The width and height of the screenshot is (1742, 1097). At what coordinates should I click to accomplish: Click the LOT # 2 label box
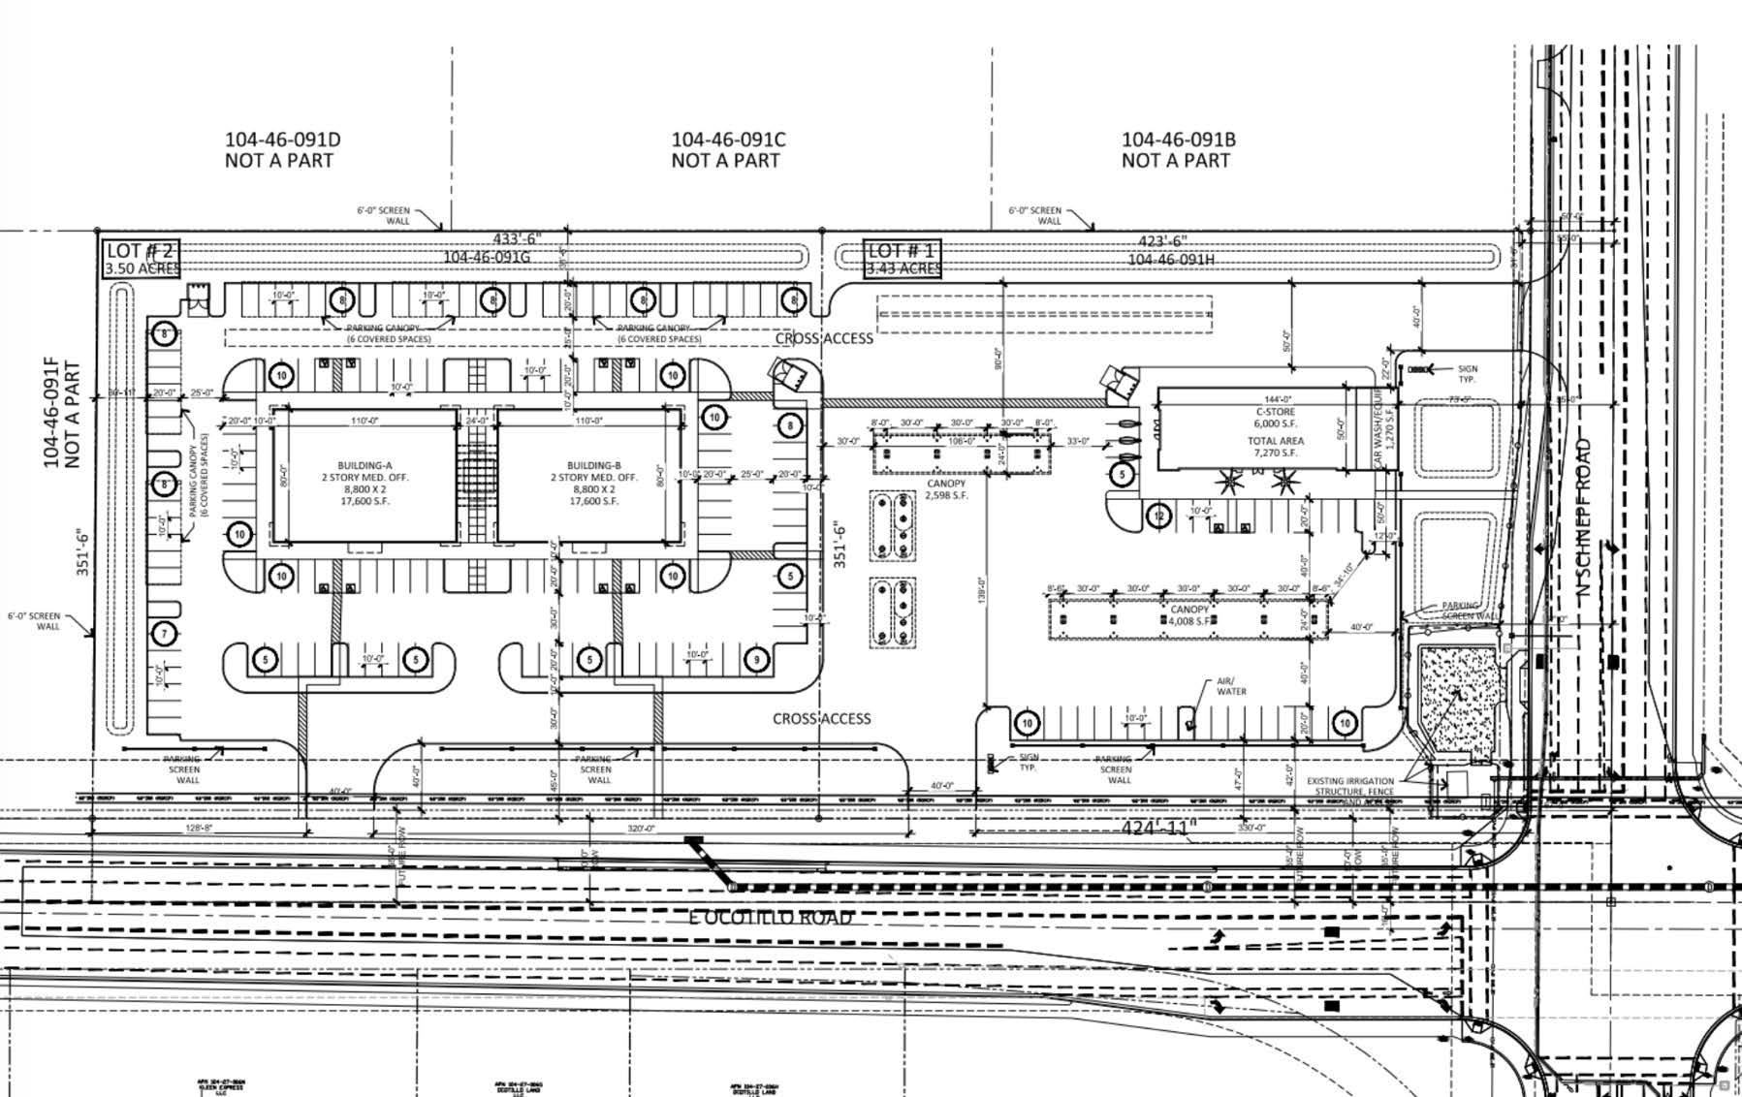[x=141, y=259]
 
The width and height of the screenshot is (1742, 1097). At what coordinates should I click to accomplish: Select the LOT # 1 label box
[x=903, y=259]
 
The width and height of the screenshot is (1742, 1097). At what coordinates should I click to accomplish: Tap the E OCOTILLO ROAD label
[x=772, y=917]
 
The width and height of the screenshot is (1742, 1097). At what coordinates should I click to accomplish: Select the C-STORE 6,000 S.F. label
[x=1275, y=418]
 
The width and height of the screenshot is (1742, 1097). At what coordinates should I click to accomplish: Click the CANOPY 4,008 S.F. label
[x=1189, y=615]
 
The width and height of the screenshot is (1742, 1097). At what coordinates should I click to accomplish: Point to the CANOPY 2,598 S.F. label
[x=946, y=489]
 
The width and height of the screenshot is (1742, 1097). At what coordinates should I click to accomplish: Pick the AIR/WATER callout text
[x=1230, y=686]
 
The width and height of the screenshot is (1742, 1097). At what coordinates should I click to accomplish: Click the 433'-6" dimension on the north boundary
[x=517, y=239]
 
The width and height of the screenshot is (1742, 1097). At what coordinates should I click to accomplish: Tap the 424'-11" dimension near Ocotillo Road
[x=1158, y=828]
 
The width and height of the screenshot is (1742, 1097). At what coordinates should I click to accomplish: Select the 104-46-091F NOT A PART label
[x=61, y=415]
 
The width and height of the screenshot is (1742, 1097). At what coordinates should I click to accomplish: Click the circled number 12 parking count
[x=1158, y=516]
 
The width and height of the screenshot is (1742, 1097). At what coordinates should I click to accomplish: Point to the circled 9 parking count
[x=756, y=660]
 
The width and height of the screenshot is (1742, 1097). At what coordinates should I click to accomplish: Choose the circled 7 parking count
[x=165, y=635]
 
